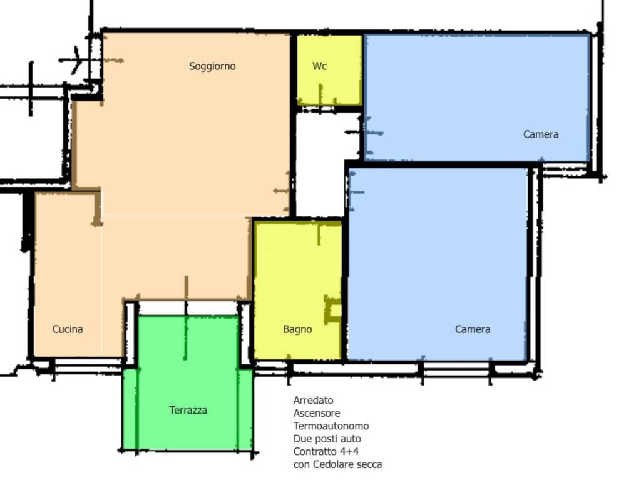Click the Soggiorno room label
[x=212, y=66]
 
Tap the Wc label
[x=319, y=66]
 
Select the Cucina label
[x=68, y=329]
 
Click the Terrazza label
[x=188, y=410]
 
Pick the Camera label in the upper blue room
[x=541, y=134]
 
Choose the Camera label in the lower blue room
[x=473, y=329]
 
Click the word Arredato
[x=313, y=401]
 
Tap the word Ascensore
[x=317, y=413]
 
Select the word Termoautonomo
[x=331, y=426]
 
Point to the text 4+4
[x=349, y=452]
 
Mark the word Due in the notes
[x=300, y=439]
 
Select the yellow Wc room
[x=329, y=70]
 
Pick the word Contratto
[x=314, y=452]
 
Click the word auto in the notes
[x=352, y=439]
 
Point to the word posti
[x=325, y=439]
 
